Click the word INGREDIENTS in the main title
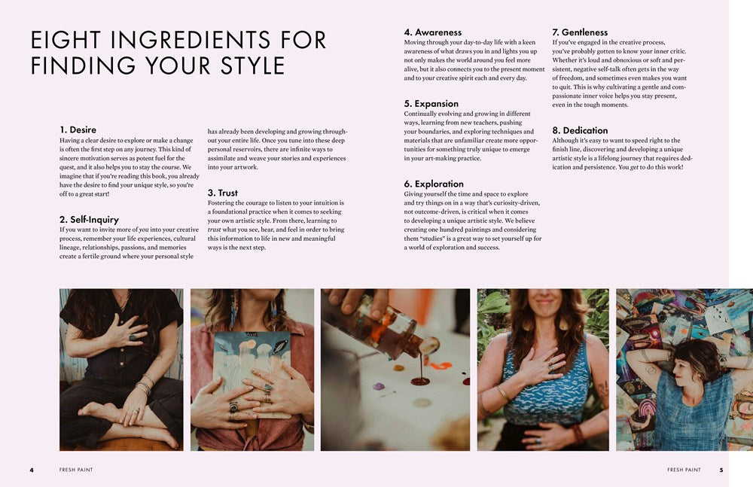click(x=191, y=39)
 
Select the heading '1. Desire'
click(x=78, y=129)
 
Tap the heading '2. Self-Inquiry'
click(x=89, y=220)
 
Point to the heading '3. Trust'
click(x=222, y=193)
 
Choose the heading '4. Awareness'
click(x=432, y=32)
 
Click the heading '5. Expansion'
click(x=431, y=104)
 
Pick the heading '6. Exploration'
click(x=434, y=184)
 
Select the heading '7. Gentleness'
click(x=580, y=32)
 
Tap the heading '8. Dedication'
click(x=580, y=130)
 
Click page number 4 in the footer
click(x=32, y=470)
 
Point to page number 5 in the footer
click(x=721, y=470)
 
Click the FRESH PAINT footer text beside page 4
click(x=76, y=470)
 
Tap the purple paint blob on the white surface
click(x=379, y=386)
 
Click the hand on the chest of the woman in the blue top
click(x=541, y=364)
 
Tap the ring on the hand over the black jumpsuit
click(x=132, y=338)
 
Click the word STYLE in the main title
click(x=252, y=65)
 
